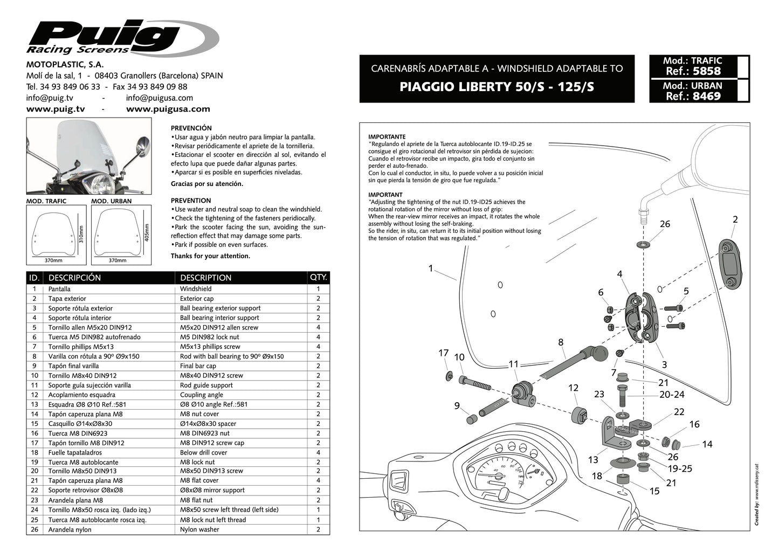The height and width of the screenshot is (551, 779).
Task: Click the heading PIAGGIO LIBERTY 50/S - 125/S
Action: point(497,87)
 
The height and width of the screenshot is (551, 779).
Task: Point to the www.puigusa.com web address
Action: point(168,109)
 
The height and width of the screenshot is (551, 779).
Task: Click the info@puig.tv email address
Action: point(50,98)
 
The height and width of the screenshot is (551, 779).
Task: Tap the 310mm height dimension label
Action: point(81,235)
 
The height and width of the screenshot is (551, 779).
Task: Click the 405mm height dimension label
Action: point(147,233)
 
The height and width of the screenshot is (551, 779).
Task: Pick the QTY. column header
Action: point(318,278)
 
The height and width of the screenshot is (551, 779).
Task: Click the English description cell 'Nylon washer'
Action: point(199,529)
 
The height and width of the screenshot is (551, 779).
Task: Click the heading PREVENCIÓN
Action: point(191,128)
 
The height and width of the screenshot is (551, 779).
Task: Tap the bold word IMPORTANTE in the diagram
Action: point(387,137)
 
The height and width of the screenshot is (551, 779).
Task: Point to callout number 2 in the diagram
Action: point(735,219)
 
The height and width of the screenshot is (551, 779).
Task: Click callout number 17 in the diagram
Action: point(443,353)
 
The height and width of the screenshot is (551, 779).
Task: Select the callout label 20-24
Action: point(672,395)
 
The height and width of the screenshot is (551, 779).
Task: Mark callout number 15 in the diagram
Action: point(654,491)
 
